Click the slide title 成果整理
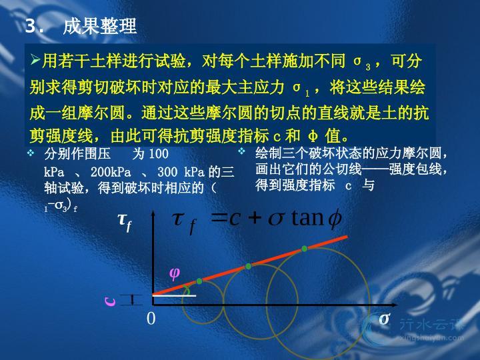[99, 26]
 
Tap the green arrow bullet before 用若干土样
[35, 60]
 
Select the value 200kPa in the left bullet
[111, 172]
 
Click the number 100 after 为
[159, 154]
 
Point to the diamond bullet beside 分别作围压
[31, 153]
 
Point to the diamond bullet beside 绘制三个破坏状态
[242, 151]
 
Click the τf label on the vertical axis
[125, 222]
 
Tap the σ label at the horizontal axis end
[385, 319]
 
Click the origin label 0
[151, 319]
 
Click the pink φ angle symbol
[175, 273]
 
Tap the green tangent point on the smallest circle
[199, 281]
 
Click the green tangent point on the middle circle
[248, 266]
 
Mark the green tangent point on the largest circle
[304, 249]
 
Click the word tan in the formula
[307, 218]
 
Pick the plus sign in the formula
[255, 218]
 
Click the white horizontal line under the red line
[174, 296]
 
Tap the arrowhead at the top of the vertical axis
[153, 213]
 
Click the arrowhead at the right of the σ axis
[394, 305]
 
